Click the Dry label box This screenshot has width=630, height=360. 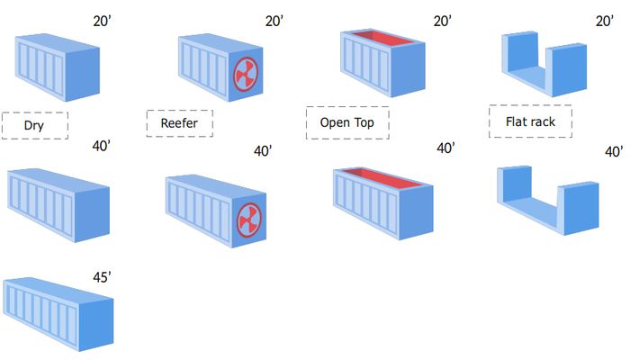tap(35, 126)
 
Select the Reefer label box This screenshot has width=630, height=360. tap(179, 122)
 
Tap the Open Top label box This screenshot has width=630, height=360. tap(347, 122)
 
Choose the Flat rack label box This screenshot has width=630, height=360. tap(530, 121)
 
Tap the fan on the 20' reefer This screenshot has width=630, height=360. tap(246, 76)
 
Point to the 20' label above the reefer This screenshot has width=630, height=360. tap(274, 20)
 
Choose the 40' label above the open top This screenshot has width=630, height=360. tap(445, 148)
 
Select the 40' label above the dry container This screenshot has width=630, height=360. tap(102, 148)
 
